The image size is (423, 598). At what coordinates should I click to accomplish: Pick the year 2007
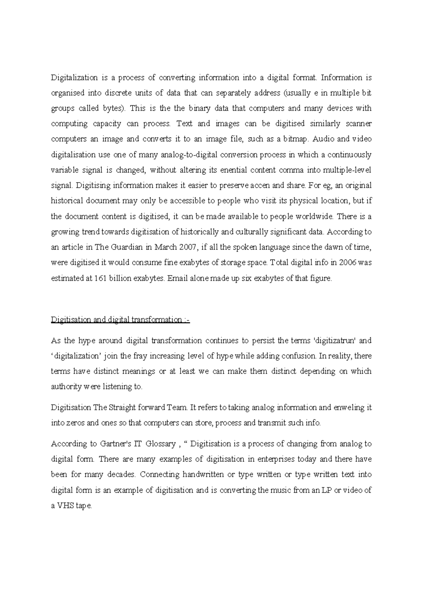(186, 247)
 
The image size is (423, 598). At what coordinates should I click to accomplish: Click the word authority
(66, 387)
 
